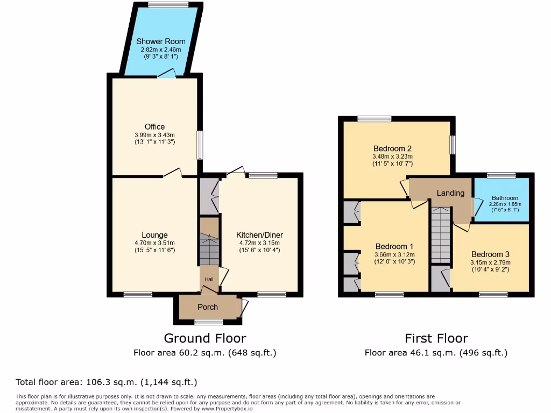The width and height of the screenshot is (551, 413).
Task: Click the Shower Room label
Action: pyautogui.click(x=161, y=41)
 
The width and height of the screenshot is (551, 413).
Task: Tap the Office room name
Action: pyautogui.click(x=154, y=127)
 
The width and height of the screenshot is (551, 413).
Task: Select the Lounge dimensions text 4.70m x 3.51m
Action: pyautogui.click(x=154, y=243)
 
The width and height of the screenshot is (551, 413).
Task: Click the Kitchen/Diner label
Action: pyautogui.click(x=259, y=235)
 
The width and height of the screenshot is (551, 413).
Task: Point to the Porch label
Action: pyautogui.click(x=208, y=307)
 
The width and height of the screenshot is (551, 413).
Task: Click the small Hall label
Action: pyautogui.click(x=209, y=279)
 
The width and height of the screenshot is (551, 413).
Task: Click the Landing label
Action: pyautogui.click(x=450, y=193)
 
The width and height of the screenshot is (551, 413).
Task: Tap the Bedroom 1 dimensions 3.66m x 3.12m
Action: pyautogui.click(x=395, y=254)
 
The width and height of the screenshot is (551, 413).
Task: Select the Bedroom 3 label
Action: pyautogui.click(x=490, y=254)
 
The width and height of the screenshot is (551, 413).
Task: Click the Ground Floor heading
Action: pyautogui.click(x=205, y=338)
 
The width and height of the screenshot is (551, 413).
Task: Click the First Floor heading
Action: pyautogui.click(x=436, y=338)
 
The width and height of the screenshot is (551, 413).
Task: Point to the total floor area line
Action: pyautogui.click(x=107, y=382)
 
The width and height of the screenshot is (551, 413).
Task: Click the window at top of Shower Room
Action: pyautogui.click(x=168, y=5)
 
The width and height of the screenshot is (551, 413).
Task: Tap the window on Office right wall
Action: pyautogui.click(x=200, y=145)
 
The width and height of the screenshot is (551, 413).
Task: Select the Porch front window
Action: pyautogui.click(x=209, y=322)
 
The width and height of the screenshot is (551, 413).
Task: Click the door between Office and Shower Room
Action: pyautogui.click(x=166, y=75)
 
